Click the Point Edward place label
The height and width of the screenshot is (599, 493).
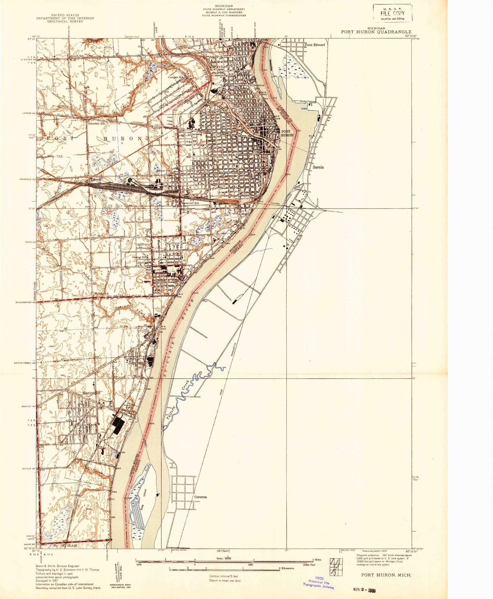[315, 45]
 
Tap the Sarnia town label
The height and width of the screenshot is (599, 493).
[318, 167]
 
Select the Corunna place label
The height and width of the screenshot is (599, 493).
[200, 497]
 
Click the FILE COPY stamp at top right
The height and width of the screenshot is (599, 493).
[392, 13]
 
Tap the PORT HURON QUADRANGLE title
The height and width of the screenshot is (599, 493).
[376, 32]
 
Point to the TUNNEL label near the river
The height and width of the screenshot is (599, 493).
[275, 204]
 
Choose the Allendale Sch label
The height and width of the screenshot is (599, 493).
[96, 124]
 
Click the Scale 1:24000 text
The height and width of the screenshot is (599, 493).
[224, 558]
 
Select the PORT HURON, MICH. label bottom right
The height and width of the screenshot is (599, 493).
[386, 575]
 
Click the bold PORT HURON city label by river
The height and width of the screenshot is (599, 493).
[287, 133]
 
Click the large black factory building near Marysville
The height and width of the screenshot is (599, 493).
[118, 426]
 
